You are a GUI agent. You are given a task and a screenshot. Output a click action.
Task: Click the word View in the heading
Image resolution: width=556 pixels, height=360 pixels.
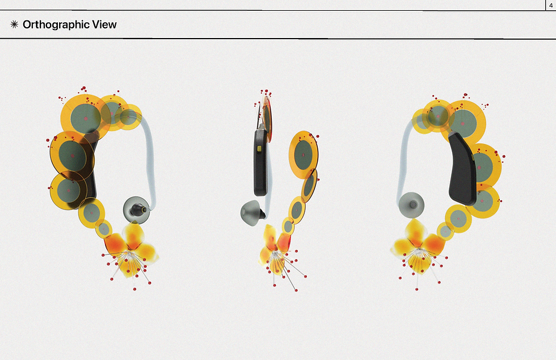[104, 24]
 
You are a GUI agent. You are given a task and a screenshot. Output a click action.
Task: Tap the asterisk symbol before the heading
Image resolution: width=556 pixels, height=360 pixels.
[14, 24]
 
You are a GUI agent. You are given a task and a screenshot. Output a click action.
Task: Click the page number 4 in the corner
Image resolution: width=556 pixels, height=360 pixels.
[551, 5]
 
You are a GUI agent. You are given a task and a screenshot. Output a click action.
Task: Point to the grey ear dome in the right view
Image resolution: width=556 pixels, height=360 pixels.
[411, 205]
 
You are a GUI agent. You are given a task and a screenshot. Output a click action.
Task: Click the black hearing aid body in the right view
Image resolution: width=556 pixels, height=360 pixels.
[462, 169]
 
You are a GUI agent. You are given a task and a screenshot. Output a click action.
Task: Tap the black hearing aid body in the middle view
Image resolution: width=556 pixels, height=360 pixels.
[260, 162]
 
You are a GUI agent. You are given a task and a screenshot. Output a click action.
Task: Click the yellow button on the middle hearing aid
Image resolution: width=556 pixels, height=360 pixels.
[259, 148]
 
